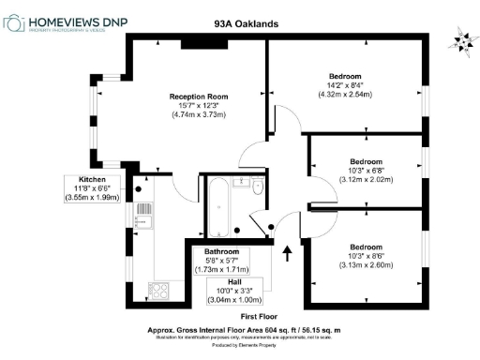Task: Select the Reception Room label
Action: click(199, 97)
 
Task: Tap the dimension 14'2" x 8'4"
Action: click(345, 84)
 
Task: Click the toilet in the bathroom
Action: click(259, 187)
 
